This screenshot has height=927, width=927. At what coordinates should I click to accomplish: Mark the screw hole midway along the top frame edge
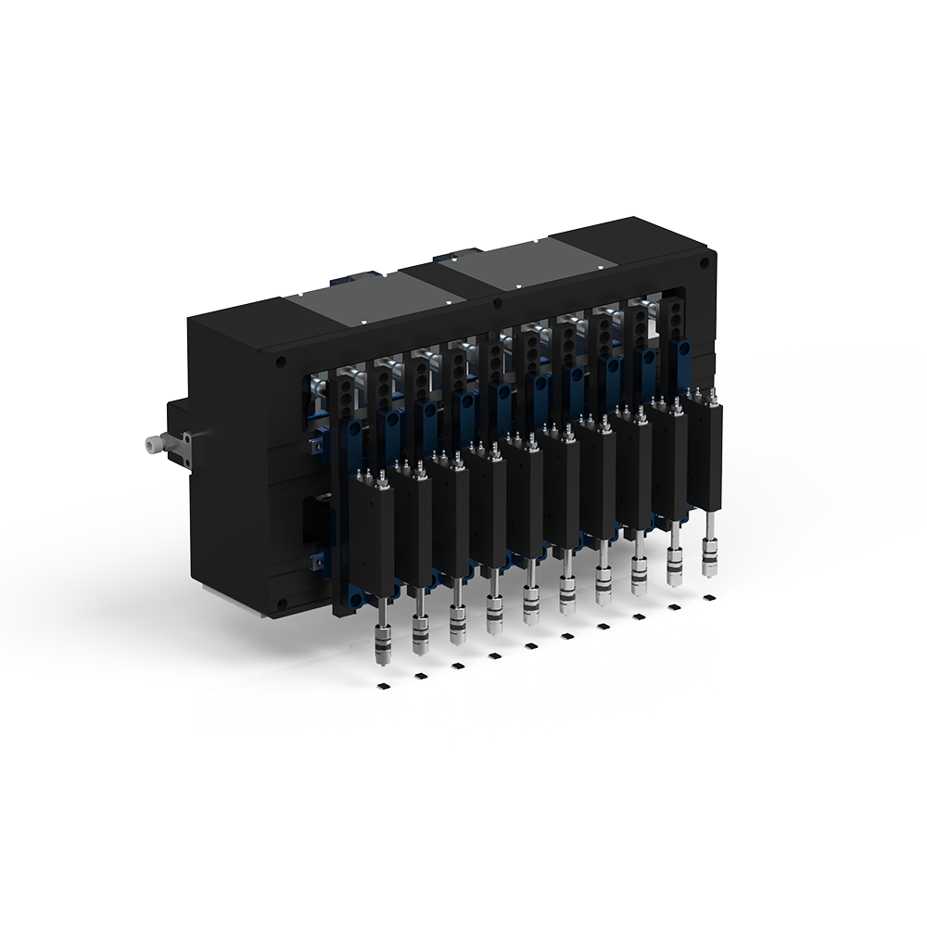[497, 303]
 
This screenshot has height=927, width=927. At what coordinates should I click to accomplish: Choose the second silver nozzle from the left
[419, 631]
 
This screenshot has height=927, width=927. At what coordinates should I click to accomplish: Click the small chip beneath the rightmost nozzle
[710, 598]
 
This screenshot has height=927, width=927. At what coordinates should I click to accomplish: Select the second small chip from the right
[674, 608]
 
